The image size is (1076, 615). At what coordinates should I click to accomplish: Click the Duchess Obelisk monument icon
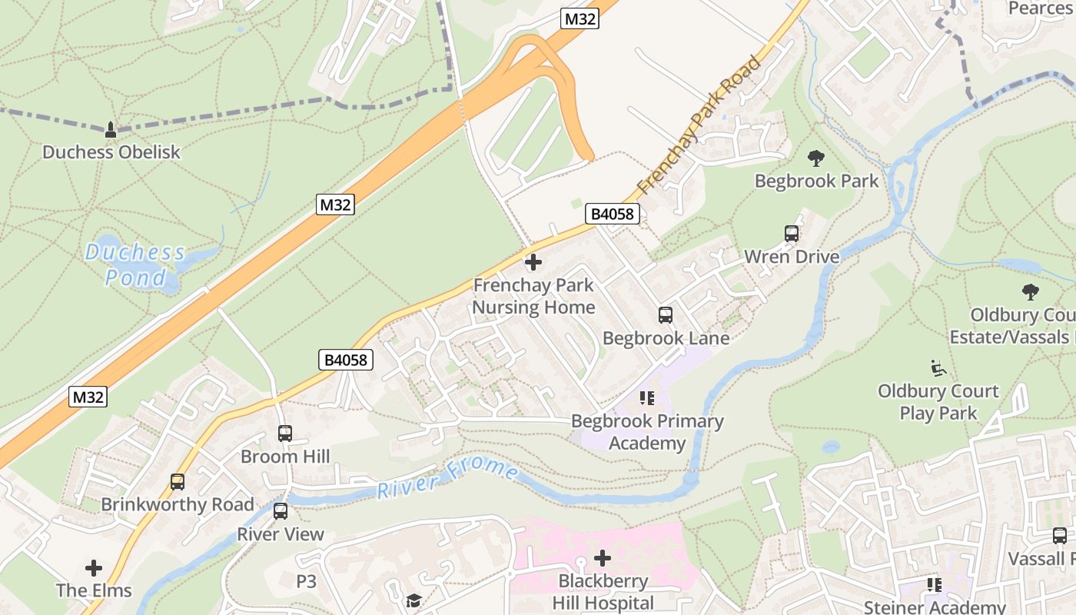coord(111,129)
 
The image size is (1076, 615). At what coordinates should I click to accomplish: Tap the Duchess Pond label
coord(135,264)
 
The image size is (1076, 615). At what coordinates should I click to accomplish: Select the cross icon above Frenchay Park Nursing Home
coord(533,262)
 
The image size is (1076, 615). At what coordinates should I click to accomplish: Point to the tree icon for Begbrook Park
coord(816,158)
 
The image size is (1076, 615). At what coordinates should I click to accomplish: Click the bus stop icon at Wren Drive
coord(791,234)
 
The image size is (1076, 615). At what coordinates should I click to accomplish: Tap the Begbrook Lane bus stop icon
coord(665,315)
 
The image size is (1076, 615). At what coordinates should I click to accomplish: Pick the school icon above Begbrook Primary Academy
coord(646,398)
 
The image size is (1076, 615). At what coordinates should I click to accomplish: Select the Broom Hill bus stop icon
coord(284,434)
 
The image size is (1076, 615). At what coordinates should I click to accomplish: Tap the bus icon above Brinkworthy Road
coord(178,482)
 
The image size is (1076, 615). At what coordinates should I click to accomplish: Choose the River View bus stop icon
coord(280,511)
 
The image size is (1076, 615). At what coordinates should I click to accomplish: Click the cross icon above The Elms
coord(94,568)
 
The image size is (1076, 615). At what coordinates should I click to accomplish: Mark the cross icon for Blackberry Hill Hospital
coord(603,557)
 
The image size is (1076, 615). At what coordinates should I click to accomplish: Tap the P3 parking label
coord(307,582)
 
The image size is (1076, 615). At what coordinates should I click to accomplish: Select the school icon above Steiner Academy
coord(935,585)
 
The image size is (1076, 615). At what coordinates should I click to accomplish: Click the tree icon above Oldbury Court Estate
coord(1030,292)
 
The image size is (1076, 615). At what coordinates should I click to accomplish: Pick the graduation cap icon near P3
coord(414,600)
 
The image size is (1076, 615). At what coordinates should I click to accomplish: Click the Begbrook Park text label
coord(816,181)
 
